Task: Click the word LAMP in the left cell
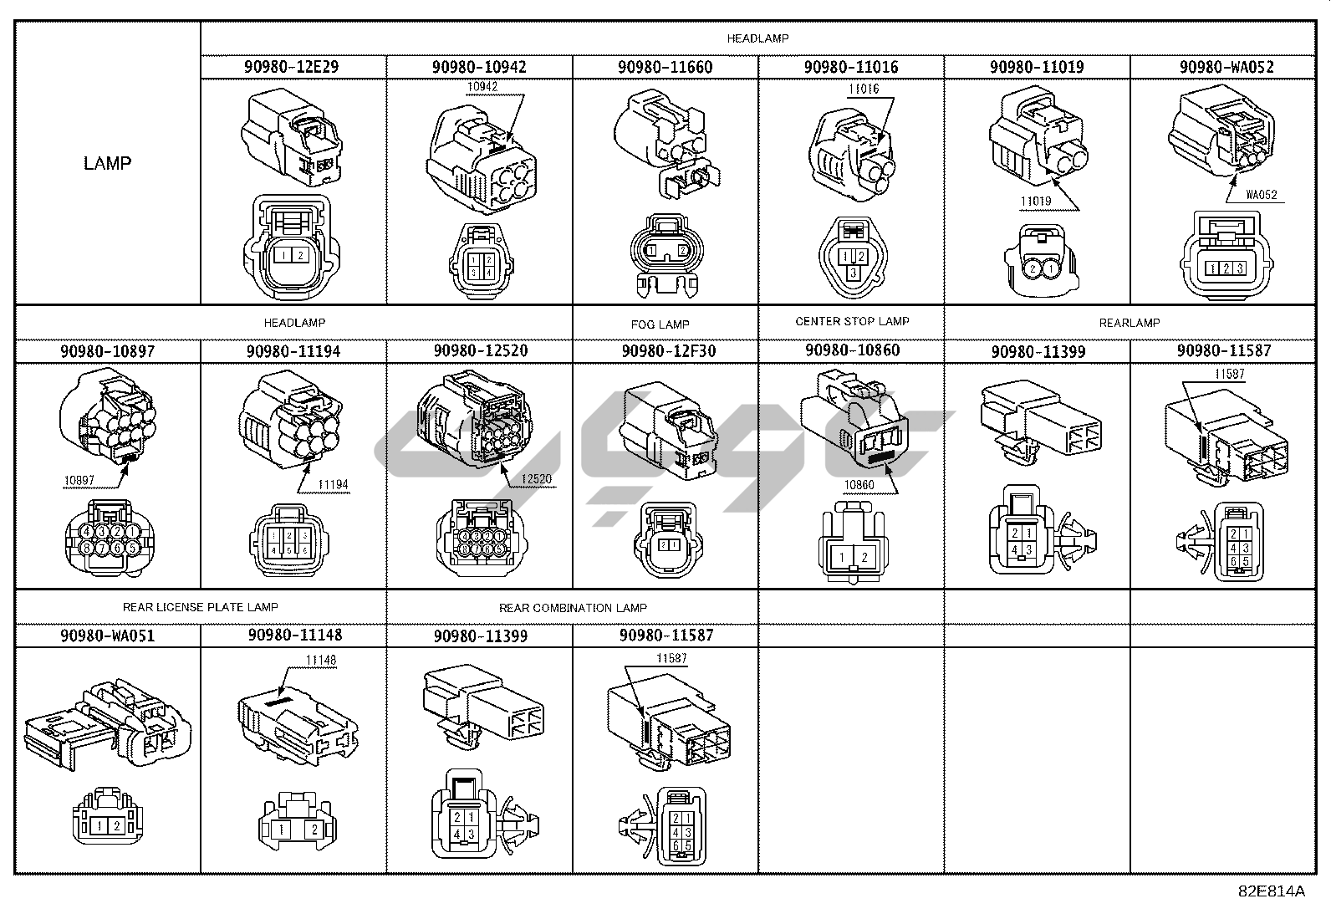click(x=107, y=163)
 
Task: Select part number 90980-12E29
click(x=291, y=67)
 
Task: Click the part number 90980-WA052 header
click(x=1226, y=67)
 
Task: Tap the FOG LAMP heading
click(x=660, y=324)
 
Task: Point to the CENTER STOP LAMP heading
click(x=852, y=321)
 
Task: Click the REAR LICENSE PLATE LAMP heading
click(x=200, y=607)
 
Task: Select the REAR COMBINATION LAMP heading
click(x=573, y=608)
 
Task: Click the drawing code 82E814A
click(x=1272, y=891)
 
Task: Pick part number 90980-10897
click(x=107, y=351)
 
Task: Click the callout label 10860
click(x=859, y=484)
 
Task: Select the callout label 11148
click(x=320, y=661)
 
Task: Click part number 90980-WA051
click(x=107, y=636)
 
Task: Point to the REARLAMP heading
click(x=1129, y=323)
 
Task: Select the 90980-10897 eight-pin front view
click(x=109, y=540)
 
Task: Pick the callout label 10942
click(x=482, y=86)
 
